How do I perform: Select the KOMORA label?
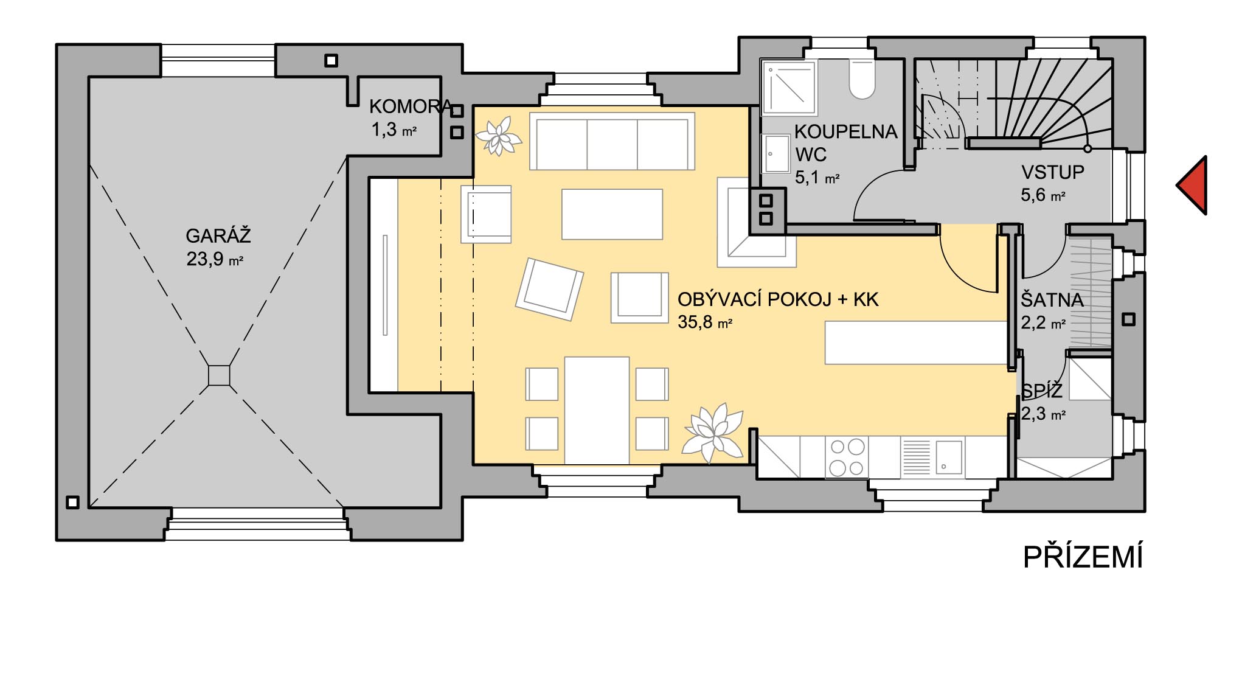411,107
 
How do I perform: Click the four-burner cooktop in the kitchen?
847,458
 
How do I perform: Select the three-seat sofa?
612,141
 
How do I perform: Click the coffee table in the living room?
612,214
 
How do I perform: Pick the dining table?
597,411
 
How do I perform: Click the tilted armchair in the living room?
549,289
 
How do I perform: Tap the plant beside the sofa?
498,136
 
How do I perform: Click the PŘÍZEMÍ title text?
1083,557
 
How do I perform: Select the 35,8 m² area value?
705,322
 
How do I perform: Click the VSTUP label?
1052,173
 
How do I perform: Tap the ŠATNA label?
1052,300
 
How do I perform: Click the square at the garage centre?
219,375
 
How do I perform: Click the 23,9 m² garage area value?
215,260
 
